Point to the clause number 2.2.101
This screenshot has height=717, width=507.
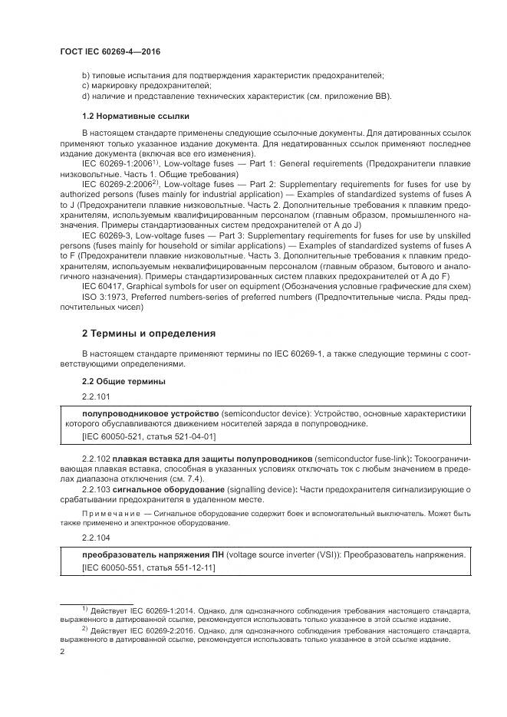(x=96, y=396)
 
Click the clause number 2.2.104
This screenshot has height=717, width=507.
(x=96, y=538)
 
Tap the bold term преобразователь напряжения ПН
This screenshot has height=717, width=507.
(x=156, y=554)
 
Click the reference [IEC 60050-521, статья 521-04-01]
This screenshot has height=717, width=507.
(x=148, y=436)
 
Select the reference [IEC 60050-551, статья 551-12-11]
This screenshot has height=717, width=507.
(x=148, y=567)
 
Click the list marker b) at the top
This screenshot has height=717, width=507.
(x=85, y=75)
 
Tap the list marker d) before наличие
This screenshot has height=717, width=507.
(x=85, y=96)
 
